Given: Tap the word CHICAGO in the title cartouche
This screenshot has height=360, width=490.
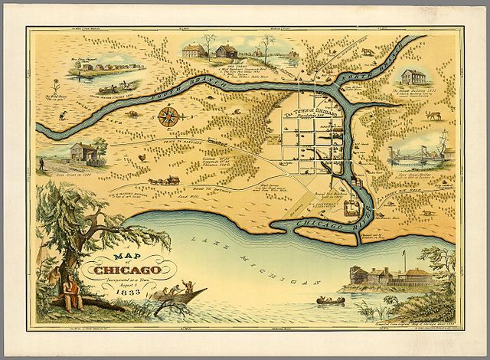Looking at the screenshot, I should point(128,269).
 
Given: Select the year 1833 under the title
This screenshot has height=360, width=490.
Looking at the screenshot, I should point(127,295).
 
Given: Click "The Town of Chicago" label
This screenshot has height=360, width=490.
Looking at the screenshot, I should point(310,110).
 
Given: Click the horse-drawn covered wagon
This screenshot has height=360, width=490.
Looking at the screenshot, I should point(162,182).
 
